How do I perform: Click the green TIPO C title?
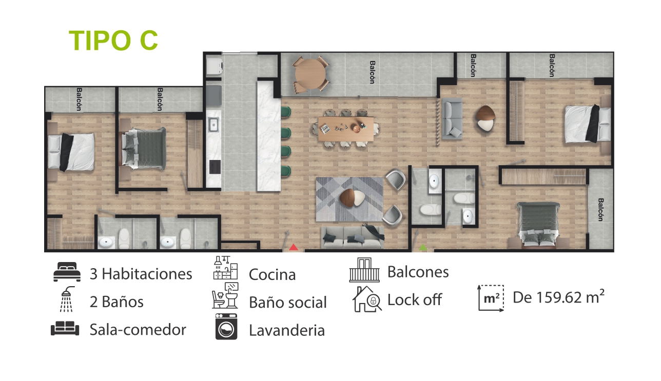click(x=113, y=41)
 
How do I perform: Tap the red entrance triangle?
click(x=294, y=247)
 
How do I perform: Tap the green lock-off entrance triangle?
click(x=423, y=247)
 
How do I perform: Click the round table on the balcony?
click(x=310, y=74)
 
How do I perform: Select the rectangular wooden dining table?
click(x=346, y=129)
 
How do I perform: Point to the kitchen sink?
click(x=213, y=125)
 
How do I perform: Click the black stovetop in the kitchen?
click(x=215, y=167)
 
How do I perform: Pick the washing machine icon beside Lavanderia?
click(x=226, y=327)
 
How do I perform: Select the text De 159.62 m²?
click(x=558, y=297)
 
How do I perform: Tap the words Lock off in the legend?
click(x=415, y=299)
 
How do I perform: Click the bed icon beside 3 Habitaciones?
click(x=67, y=272)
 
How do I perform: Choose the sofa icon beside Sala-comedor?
click(x=65, y=328)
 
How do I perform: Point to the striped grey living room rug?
click(x=349, y=199)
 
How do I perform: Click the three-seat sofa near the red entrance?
click(x=353, y=237)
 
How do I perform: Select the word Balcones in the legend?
click(x=418, y=272)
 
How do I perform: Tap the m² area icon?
click(x=491, y=298)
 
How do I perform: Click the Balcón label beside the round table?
click(x=373, y=72)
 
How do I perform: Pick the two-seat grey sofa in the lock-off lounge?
click(x=452, y=118)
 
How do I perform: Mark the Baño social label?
click(x=288, y=302)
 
